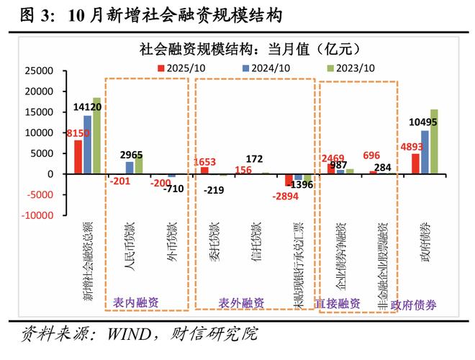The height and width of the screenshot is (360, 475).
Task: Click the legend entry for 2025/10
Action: (184, 67)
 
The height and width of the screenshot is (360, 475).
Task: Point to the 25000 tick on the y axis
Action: (40, 71)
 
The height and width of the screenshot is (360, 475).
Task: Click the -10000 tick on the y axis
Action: (37, 215)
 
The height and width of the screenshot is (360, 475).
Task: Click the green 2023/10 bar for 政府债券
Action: (434, 141)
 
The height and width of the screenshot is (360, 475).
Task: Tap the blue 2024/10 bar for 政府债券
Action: (425, 152)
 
